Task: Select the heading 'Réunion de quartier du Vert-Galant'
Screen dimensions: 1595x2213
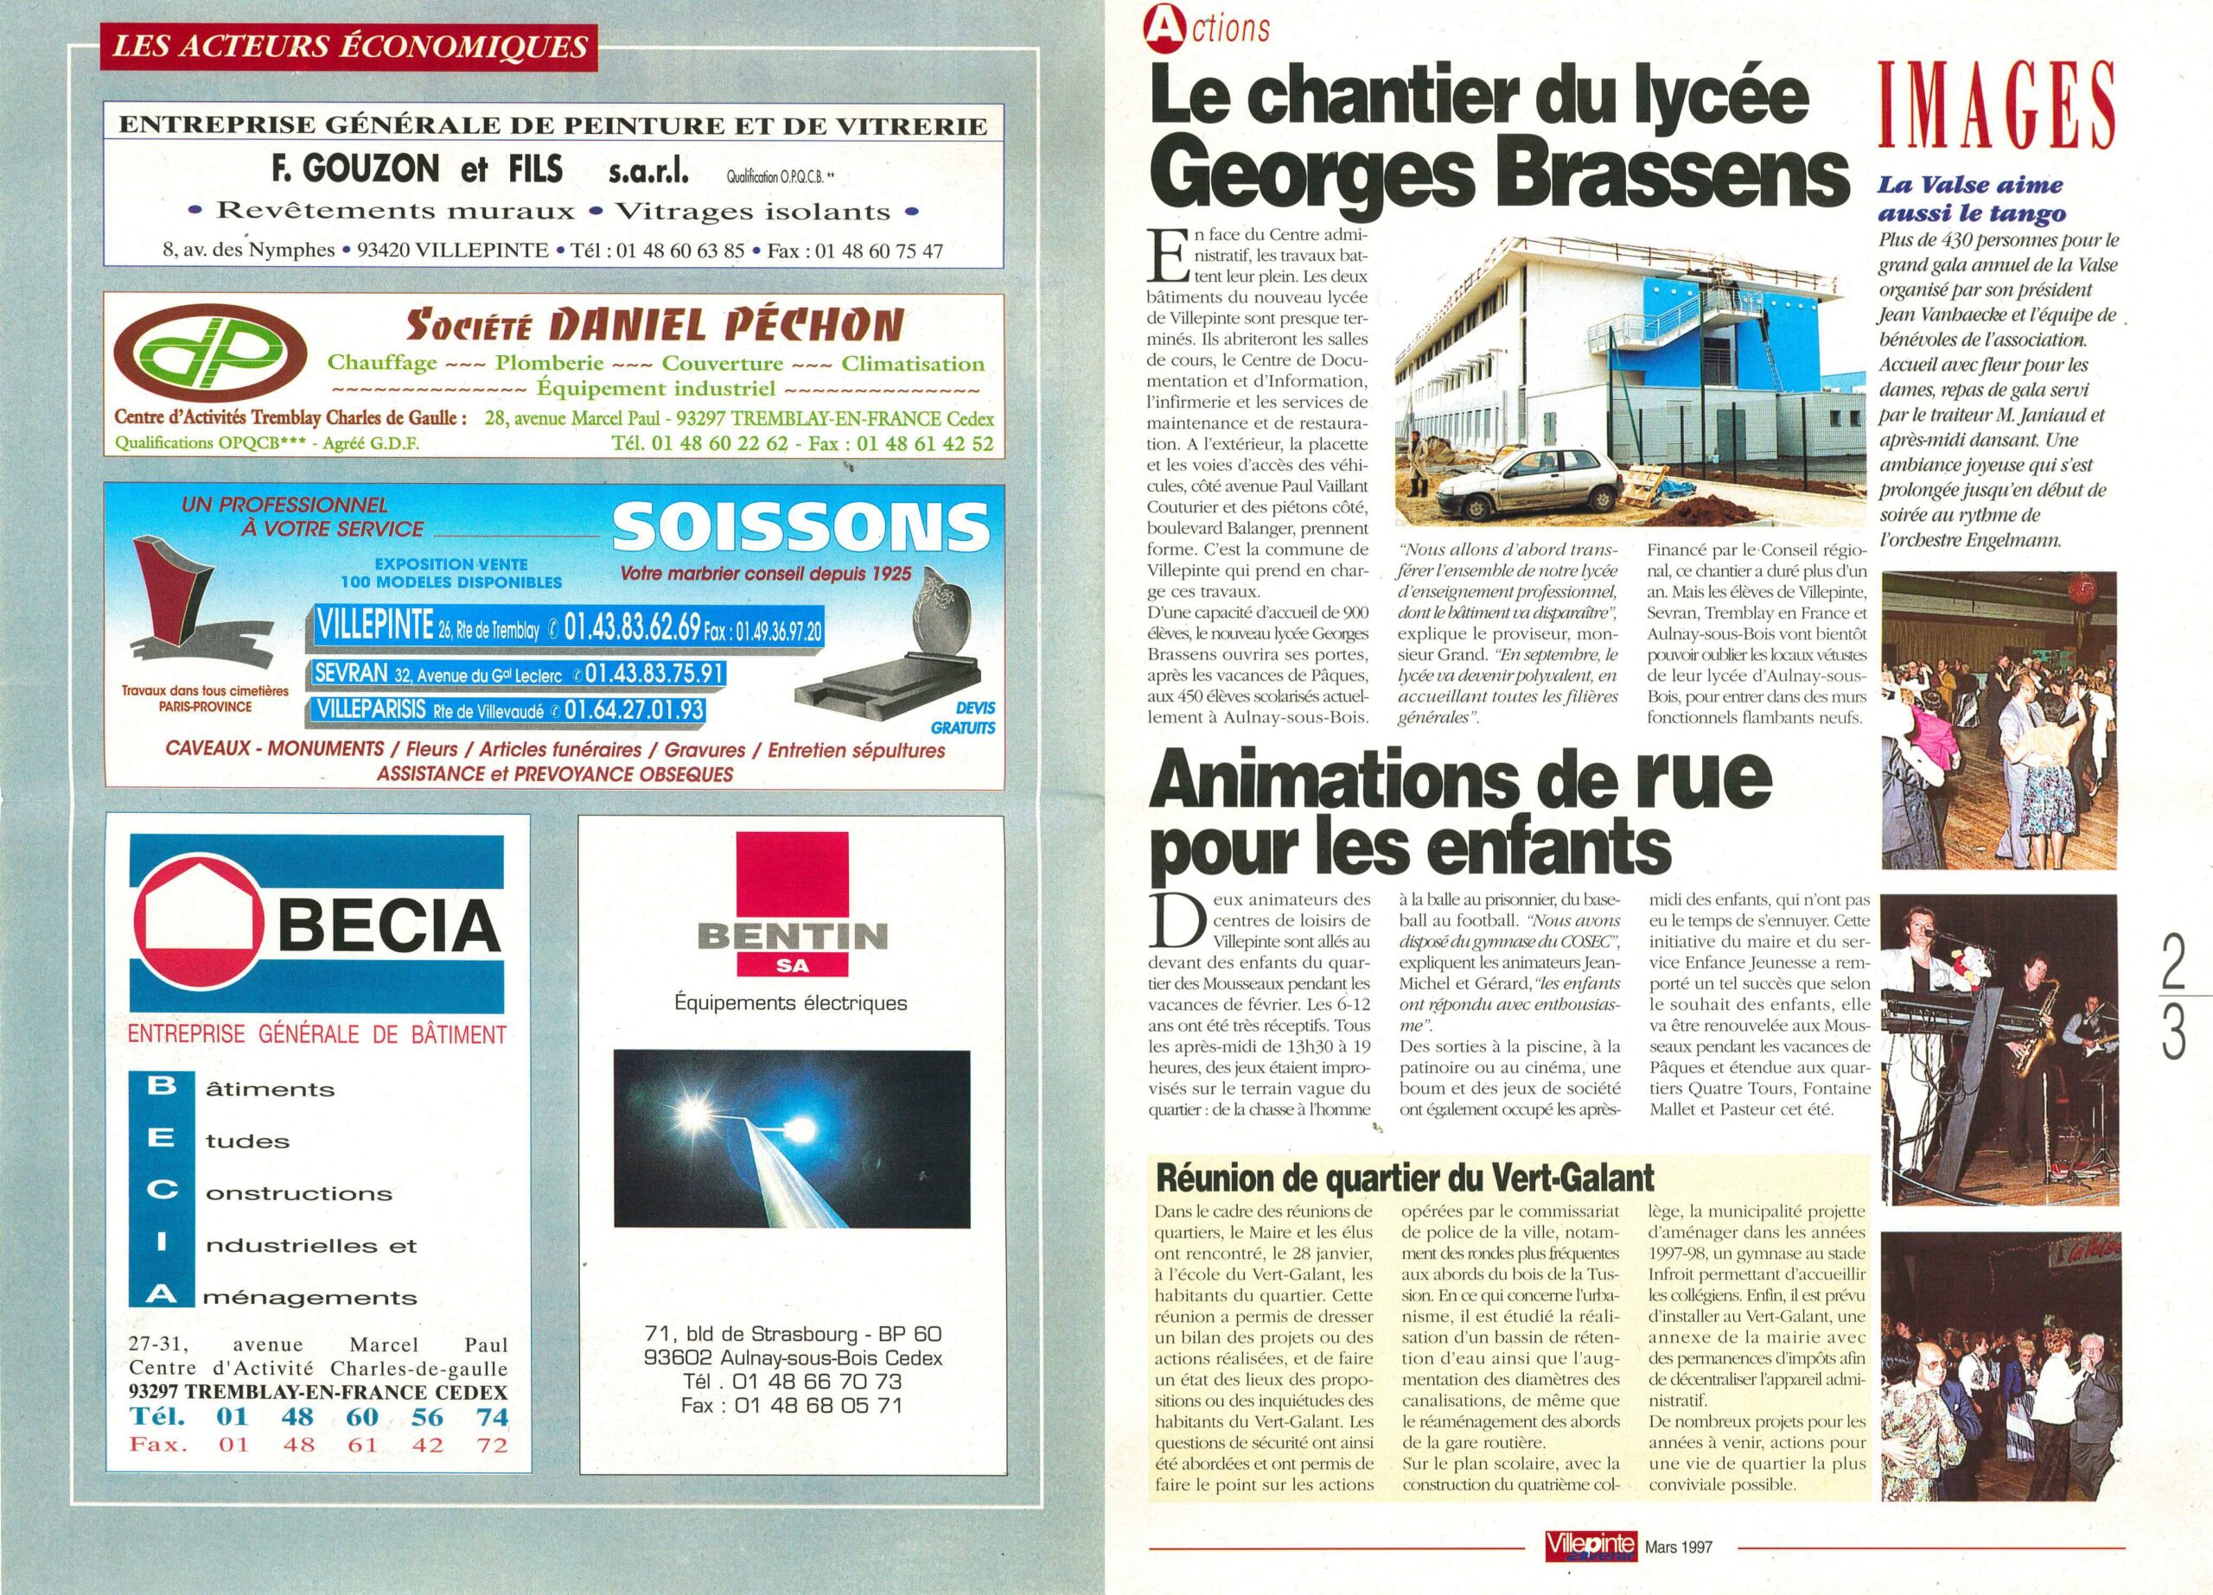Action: coord(1404,1179)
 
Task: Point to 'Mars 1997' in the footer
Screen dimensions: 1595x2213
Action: coord(1678,1547)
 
